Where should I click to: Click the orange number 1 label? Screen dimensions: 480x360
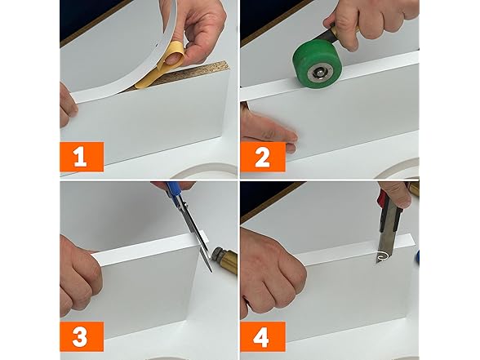(82, 157)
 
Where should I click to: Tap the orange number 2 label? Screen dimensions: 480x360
(263, 157)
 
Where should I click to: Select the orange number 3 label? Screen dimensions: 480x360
(82, 336)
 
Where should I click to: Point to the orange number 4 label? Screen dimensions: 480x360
(263, 336)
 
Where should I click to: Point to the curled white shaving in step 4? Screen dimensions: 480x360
(382, 256)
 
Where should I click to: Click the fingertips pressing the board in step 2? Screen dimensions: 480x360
(269, 131)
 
